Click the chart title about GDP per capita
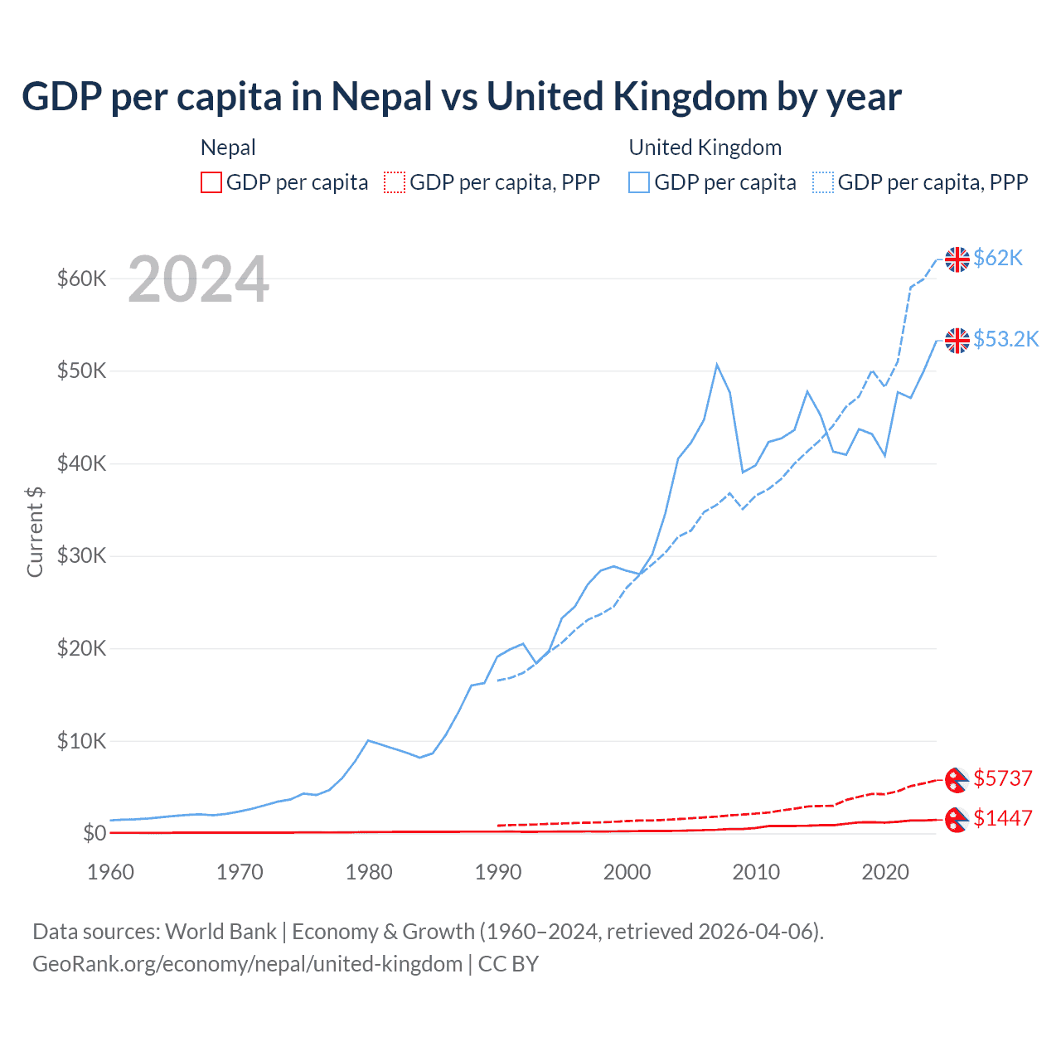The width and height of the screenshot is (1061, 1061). point(461,97)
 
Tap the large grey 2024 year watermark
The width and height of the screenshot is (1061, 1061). point(198,280)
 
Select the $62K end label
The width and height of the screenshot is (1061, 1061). point(998,258)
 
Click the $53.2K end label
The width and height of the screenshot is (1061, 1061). point(1005,339)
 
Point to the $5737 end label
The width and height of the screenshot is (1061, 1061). point(1003,778)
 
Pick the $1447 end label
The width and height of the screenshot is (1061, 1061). point(1003,818)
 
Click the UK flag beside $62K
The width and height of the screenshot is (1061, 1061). point(957,259)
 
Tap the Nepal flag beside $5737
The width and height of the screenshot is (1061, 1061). point(957,779)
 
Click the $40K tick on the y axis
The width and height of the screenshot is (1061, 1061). point(81,463)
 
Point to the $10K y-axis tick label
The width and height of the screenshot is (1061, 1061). point(81,741)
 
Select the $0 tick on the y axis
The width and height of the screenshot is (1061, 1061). point(94,833)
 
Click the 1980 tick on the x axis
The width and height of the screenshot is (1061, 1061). point(369,872)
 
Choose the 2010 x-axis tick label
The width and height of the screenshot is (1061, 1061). point(756,872)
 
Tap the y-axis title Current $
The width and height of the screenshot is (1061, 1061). point(35,531)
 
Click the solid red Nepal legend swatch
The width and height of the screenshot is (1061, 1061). point(211,182)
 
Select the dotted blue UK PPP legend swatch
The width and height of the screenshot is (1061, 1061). point(823,182)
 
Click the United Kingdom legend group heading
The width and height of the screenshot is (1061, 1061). point(705,148)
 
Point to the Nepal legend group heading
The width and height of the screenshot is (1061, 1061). point(228,148)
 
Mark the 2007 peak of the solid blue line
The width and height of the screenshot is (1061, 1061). point(717,364)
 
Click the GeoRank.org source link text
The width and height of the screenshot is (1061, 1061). point(247,964)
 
